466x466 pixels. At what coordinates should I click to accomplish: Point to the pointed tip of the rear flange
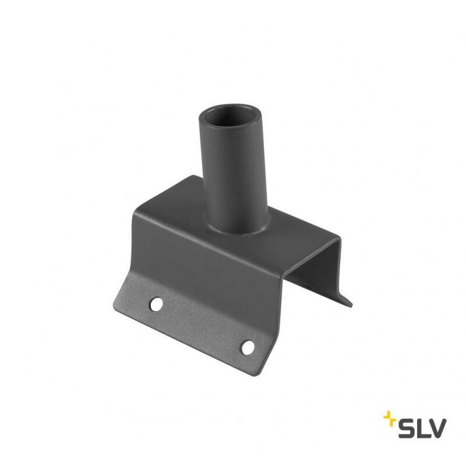point(351,305)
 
